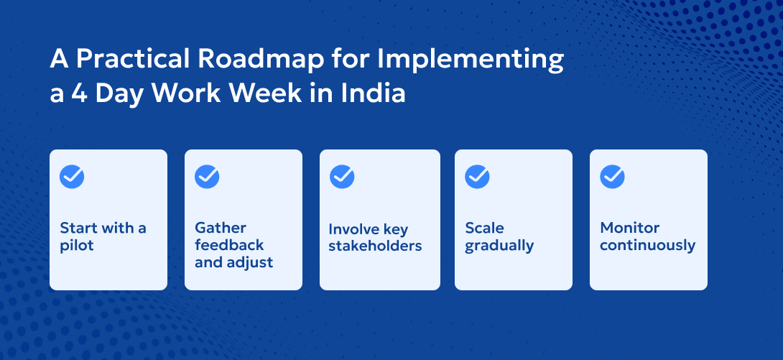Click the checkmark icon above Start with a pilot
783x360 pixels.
(72, 177)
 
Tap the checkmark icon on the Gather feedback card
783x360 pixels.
(207, 177)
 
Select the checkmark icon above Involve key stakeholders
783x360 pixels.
(342, 177)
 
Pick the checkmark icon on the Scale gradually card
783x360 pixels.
(477, 177)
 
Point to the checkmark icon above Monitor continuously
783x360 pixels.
(612, 177)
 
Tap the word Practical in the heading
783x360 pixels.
(129, 60)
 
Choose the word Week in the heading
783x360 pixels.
(272, 94)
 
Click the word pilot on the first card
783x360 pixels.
(77, 246)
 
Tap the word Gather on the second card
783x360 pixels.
(221, 228)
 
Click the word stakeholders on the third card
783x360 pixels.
(375, 246)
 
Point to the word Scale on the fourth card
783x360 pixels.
(484, 228)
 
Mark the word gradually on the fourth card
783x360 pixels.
(499, 246)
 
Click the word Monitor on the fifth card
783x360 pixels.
(629, 228)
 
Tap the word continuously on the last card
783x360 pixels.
(647, 245)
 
